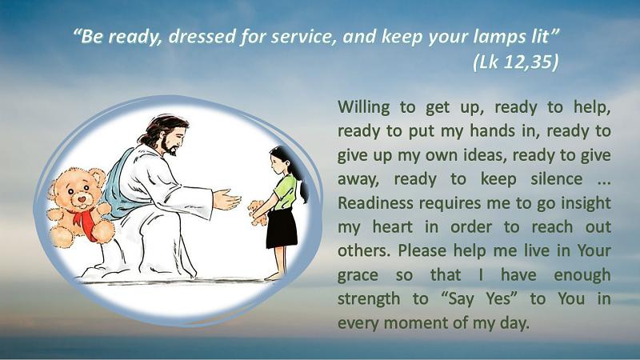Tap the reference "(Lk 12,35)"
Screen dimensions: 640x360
(x=516, y=62)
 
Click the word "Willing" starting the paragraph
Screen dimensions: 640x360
(x=364, y=108)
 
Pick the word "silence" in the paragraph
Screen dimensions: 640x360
(x=556, y=178)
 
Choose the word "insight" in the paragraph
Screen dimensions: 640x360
(x=585, y=204)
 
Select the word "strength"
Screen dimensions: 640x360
(x=369, y=298)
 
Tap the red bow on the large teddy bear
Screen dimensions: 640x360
(x=85, y=222)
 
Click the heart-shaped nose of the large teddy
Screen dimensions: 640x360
(x=82, y=199)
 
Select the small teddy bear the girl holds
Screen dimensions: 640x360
(x=258, y=212)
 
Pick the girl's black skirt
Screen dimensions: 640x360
(x=282, y=228)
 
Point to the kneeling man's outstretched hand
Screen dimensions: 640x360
(x=226, y=199)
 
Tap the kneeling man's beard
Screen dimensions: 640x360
(x=169, y=147)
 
